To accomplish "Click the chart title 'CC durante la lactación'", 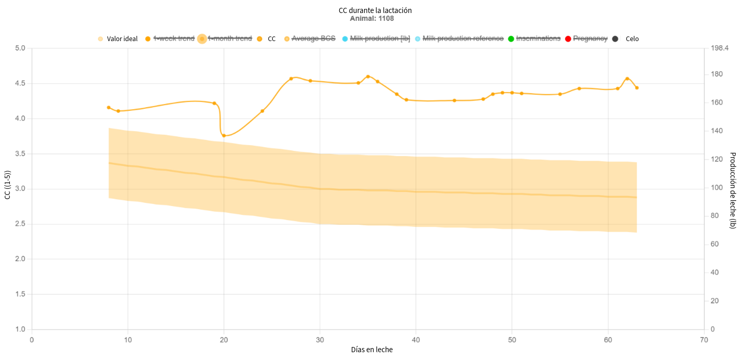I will coord(371,10).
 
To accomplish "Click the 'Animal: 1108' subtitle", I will coord(371,19).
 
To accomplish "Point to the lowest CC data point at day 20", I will coord(224,136).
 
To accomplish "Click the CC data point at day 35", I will coord(368,76).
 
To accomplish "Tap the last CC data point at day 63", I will coord(637,88).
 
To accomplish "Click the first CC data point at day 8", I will coord(109,108).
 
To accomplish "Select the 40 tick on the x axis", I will coord(416,340).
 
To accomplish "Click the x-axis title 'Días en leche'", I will coord(371,350).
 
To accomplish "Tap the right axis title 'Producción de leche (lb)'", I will coord(733,190).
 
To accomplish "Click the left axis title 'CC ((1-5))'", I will coord(7,188).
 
